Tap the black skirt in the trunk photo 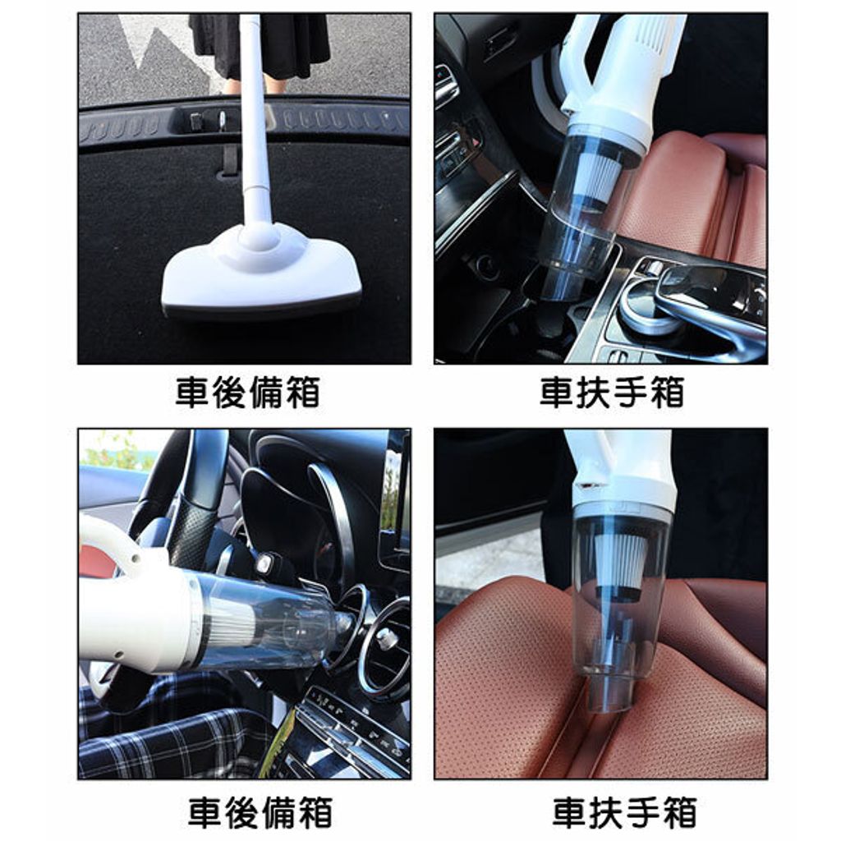257,46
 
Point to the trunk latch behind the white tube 223,121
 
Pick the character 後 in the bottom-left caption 242,812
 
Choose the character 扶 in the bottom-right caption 606,812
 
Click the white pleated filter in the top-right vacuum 595,178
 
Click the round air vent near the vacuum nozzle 384,636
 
